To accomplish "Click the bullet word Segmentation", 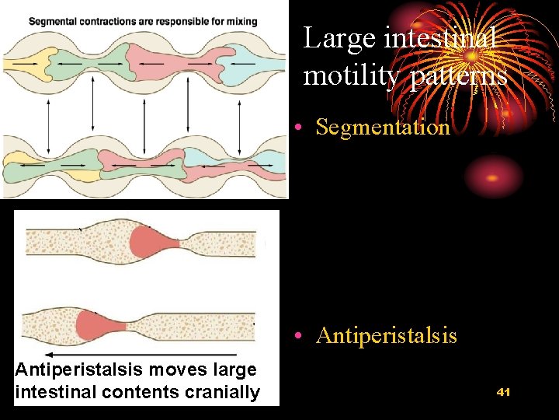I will point(383,127).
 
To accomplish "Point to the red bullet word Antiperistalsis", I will point(387,335).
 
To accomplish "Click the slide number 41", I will point(503,392).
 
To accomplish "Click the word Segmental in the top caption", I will point(53,21).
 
